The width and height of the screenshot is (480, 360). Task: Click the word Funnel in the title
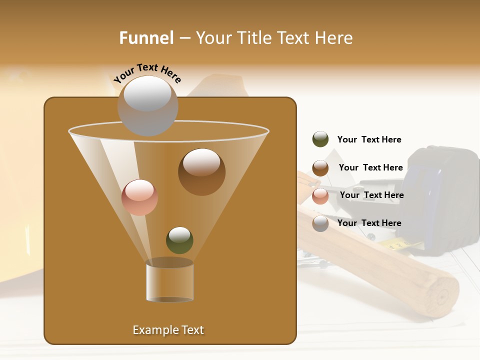[x=146, y=38]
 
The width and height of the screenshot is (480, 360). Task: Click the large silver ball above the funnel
[x=147, y=105]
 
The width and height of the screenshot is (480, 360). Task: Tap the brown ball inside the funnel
[x=201, y=171]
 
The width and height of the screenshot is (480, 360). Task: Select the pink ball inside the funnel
[x=139, y=197]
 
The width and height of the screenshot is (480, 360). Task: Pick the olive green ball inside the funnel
[x=179, y=240]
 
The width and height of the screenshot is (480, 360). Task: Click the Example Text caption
[x=168, y=330]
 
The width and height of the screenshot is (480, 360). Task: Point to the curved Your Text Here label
[x=147, y=72]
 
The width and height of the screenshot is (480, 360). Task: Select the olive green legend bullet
[x=320, y=139]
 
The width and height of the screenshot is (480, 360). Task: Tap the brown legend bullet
[x=320, y=168]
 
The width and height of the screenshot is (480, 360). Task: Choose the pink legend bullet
[x=320, y=196]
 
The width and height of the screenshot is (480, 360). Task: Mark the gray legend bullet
[x=320, y=223]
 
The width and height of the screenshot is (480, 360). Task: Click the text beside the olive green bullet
[x=369, y=140]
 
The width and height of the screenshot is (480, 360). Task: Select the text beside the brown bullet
[x=370, y=168]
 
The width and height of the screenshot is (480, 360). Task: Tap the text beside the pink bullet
[x=371, y=195]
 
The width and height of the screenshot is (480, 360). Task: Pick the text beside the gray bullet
[x=369, y=223]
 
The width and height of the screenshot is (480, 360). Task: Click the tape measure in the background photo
[x=440, y=195]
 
